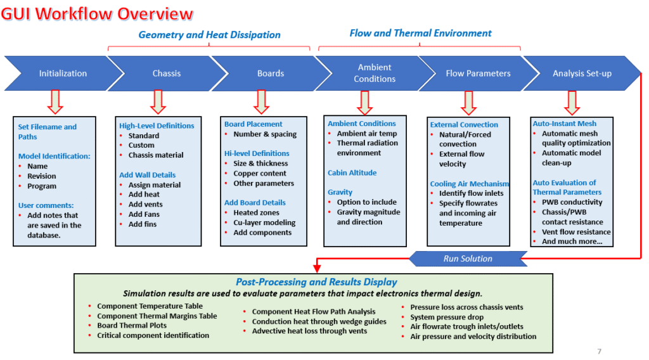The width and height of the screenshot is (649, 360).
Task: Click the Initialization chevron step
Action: click(x=63, y=74)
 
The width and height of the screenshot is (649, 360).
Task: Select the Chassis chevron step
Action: click(x=167, y=74)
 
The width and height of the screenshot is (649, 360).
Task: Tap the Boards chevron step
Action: click(x=271, y=74)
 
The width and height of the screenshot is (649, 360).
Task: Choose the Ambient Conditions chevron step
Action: click(x=375, y=74)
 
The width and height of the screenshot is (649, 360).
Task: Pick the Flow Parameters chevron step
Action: click(x=478, y=74)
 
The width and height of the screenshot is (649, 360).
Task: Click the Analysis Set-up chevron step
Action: click(x=582, y=74)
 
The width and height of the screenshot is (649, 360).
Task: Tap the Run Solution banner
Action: click(x=468, y=259)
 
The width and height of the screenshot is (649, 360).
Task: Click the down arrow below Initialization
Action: click(x=55, y=102)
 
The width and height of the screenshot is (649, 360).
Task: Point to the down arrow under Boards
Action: click(x=262, y=102)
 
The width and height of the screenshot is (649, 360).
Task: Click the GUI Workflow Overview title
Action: click(x=97, y=14)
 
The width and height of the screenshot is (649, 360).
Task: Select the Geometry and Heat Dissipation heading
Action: click(x=209, y=35)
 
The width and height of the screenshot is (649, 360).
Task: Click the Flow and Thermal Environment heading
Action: click(x=421, y=33)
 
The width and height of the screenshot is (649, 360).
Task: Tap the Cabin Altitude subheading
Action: click(x=352, y=172)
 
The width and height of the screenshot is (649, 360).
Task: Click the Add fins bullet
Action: click(x=143, y=224)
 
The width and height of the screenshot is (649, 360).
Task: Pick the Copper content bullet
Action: click(x=259, y=174)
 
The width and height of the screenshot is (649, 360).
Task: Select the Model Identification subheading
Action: click(x=55, y=156)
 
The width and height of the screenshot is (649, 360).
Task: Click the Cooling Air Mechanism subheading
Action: click(x=470, y=184)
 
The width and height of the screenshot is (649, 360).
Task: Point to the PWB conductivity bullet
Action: click(x=572, y=202)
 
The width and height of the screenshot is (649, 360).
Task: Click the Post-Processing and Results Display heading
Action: click(x=316, y=282)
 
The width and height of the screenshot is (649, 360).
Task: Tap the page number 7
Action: click(x=600, y=351)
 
